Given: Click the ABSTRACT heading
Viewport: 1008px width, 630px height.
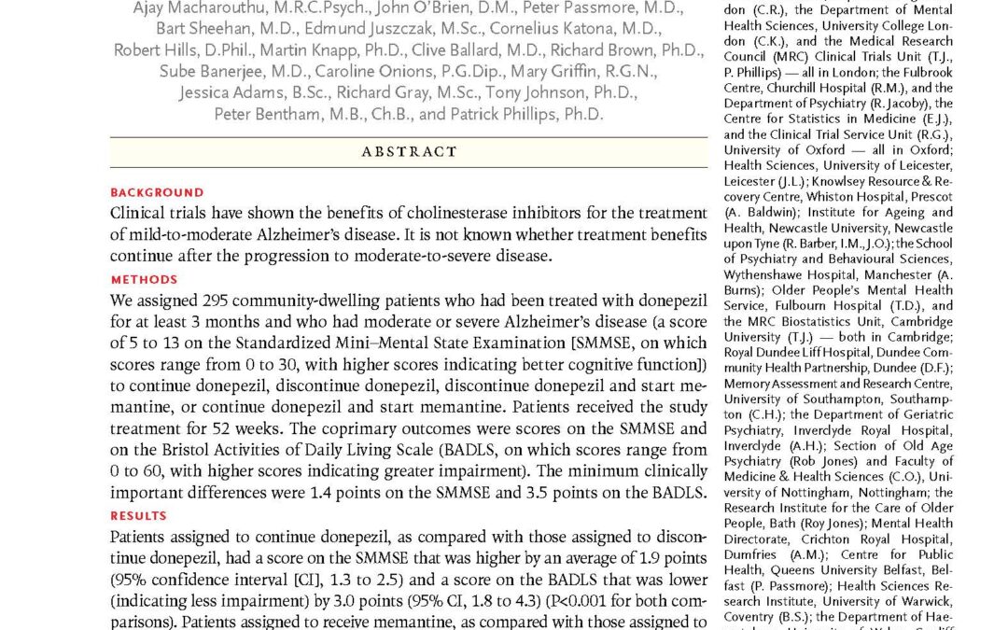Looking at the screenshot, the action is [x=409, y=151].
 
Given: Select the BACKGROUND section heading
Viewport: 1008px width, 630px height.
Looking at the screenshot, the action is [x=157, y=193].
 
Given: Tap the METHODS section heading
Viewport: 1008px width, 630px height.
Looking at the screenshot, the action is [x=144, y=279].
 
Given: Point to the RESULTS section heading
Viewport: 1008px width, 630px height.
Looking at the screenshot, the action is [x=138, y=515].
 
